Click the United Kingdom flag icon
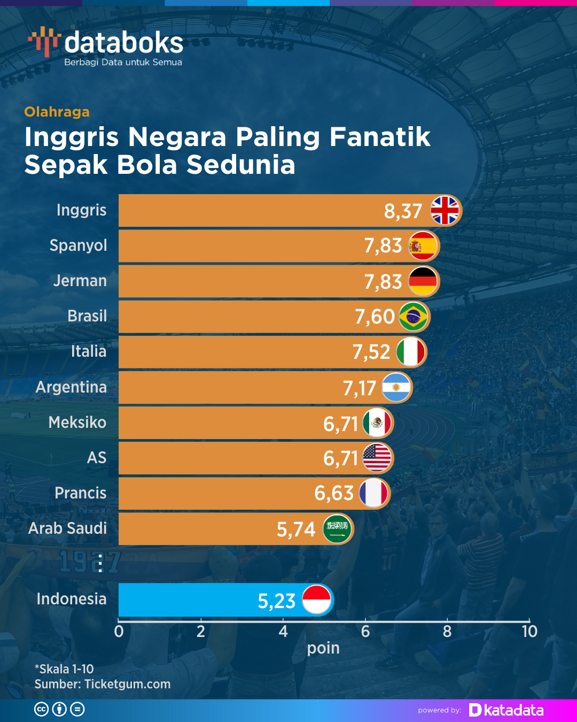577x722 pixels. point(445,210)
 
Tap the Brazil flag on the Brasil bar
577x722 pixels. point(414,317)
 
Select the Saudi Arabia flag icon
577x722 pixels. point(337,529)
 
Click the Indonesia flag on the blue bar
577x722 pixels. point(317,600)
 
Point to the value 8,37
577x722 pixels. point(403,211)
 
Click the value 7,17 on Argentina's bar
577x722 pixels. point(360,388)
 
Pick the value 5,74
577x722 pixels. point(296,529)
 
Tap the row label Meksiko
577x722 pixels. point(77,423)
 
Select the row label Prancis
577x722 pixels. point(81,493)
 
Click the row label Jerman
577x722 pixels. point(80,281)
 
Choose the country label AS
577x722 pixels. point(97,458)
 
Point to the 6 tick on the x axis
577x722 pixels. point(365,632)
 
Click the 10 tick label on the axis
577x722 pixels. point(529,632)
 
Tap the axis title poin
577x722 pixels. point(323,648)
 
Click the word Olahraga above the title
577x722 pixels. point(57,112)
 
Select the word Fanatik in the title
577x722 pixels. point(380,137)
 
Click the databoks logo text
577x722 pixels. point(123,43)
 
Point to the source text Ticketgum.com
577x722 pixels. point(127,684)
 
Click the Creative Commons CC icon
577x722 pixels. point(41,710)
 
